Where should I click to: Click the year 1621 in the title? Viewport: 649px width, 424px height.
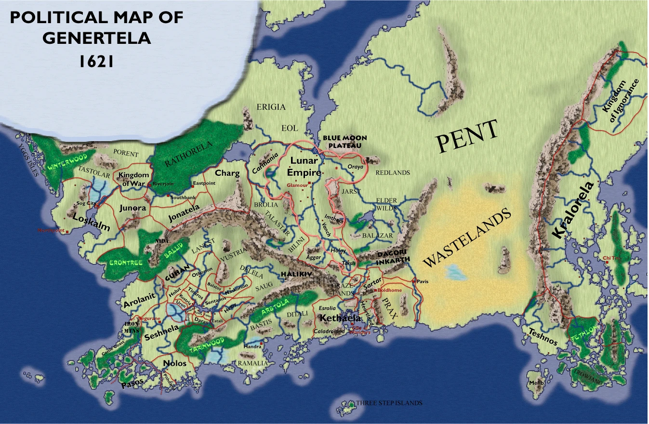[x=96, y=61]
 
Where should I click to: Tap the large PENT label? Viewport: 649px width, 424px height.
[x=467, y=137]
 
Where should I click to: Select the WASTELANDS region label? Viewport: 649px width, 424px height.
[x=466, y=238]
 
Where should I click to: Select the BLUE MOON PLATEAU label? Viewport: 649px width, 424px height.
[x=345, y=141]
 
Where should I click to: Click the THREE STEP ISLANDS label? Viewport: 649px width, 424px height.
[x=389, y=403]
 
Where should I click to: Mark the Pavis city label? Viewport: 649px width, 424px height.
[x=423, y=281]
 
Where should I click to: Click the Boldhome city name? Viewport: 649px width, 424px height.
[x=389, y=291]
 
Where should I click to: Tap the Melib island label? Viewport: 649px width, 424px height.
[x=536, y=383]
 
